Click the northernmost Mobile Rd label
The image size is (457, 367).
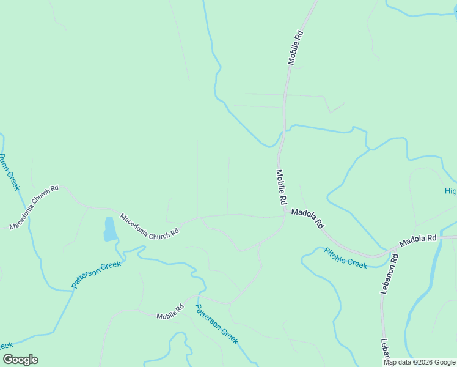[296, 46]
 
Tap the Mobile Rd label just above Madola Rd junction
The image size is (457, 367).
[281, 187]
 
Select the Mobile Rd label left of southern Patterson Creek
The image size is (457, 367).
[170, 313]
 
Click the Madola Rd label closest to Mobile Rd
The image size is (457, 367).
[307, 218]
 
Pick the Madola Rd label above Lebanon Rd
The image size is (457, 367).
[419, 241]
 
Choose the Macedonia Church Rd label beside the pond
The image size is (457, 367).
[150, 224]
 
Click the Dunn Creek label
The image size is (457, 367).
[9, 172]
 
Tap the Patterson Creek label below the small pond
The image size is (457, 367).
[97, 273]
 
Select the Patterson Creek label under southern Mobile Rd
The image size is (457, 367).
[216, 324]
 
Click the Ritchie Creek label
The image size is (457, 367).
[345, 258]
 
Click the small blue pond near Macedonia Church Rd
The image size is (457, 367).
[110, 229]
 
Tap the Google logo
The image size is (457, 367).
[20, 360]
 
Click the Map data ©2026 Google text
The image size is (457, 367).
[419, 363]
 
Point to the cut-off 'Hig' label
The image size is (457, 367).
[450, 191]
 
